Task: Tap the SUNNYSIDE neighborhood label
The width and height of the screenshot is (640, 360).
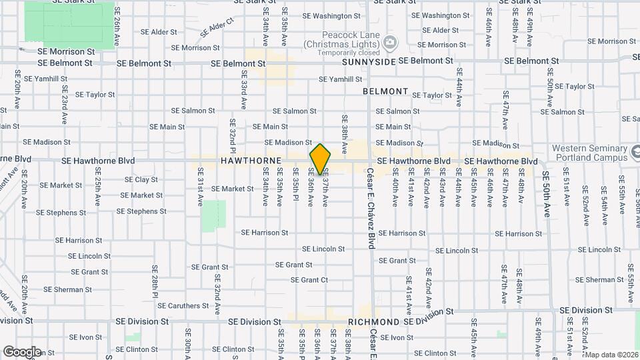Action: [x=369, y=61]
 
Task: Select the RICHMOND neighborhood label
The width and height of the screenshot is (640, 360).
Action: [x=373, y=321]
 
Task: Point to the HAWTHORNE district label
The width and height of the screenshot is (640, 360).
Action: [x=251, y=161]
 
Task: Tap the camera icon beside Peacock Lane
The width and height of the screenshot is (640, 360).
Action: [x=389, y=43]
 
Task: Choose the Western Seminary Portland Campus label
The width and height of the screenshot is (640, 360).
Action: [x=589, y=153]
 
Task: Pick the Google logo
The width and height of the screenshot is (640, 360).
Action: [x=22, y=351]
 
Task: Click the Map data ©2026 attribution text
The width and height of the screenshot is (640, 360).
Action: [x=611, y=355]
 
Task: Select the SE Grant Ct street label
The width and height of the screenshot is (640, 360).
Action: [x=309, y=280]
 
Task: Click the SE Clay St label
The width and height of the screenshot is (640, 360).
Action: [x=141, y=179]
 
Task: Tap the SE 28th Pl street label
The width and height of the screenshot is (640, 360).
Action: [x=154, y=280]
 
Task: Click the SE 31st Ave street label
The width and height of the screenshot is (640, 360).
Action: [x=200, y=186]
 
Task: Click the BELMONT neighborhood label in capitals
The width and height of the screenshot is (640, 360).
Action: [x=385, y=91]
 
